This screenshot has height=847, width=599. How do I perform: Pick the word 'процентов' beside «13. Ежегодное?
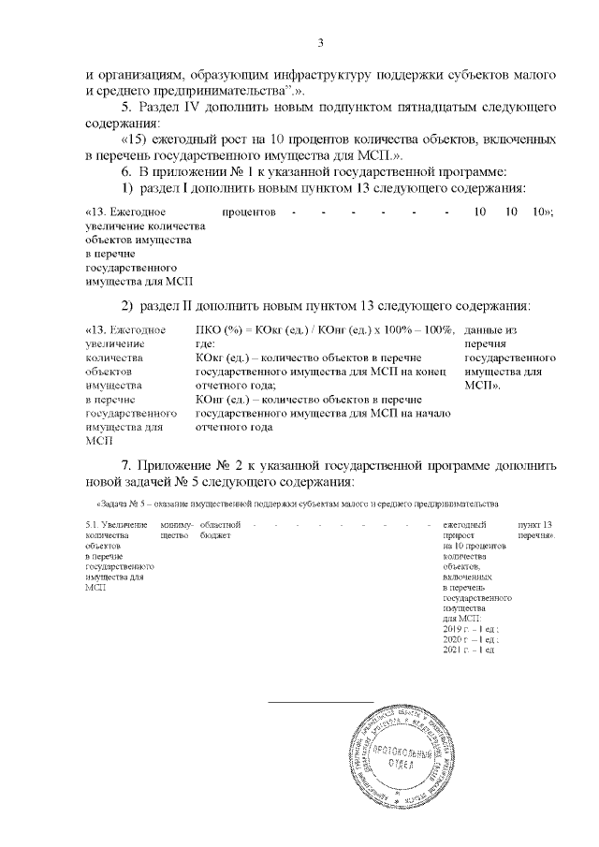pyautogui.click(x=249, y=213)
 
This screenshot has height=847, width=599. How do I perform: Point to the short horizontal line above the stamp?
pyautogui.click(x=321, y=700)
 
